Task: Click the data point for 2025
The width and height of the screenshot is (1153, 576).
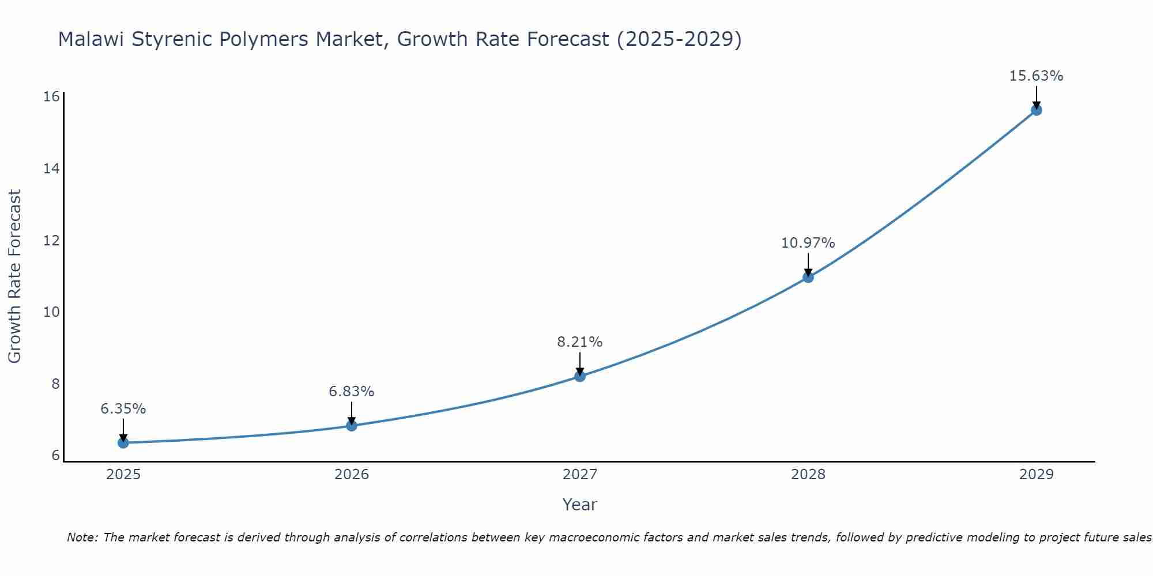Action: point(123,442)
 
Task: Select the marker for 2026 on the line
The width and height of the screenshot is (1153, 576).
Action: point(352,426)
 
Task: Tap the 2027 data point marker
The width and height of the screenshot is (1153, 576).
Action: point(580,376)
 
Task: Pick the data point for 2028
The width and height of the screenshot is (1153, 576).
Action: point(808,277)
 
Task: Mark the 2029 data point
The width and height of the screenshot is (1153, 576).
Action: point(1037,110)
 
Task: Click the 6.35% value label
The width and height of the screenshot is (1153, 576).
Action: point(123,409)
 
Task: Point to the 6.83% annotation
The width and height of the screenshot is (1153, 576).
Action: point(352,392)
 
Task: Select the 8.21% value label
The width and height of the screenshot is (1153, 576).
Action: point(580,342)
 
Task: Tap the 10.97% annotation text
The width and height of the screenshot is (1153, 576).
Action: point(808,243)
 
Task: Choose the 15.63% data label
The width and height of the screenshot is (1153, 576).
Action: point(1037,76)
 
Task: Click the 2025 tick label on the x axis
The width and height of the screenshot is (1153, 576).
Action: point(123,475)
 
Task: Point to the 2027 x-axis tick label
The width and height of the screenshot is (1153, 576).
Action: point(580,475)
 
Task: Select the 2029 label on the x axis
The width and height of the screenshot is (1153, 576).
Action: point(1037,475)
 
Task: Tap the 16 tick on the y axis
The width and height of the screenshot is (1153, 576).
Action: point(52,96)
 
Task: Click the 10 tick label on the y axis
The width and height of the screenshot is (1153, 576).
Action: point(52,312)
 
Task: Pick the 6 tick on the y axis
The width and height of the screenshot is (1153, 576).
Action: point(55,455)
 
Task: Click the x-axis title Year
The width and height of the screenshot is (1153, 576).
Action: point(580,505)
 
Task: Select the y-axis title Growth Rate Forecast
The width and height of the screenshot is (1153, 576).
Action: point(15,276)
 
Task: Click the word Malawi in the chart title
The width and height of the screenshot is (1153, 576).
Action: point(92,40)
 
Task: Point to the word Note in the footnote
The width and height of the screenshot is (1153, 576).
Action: point(82,537)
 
